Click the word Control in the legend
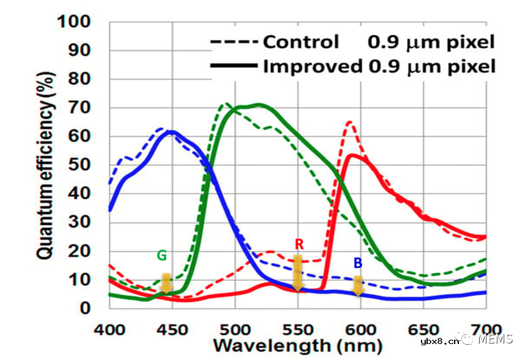pos(300,42)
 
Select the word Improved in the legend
pos(312,66)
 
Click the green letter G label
pos(162,255)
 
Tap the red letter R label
pos(299,244)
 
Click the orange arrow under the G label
pos(166,283)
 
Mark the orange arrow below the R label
pos(298,273)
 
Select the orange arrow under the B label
pos(358,286)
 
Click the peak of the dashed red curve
pos(350,122)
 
